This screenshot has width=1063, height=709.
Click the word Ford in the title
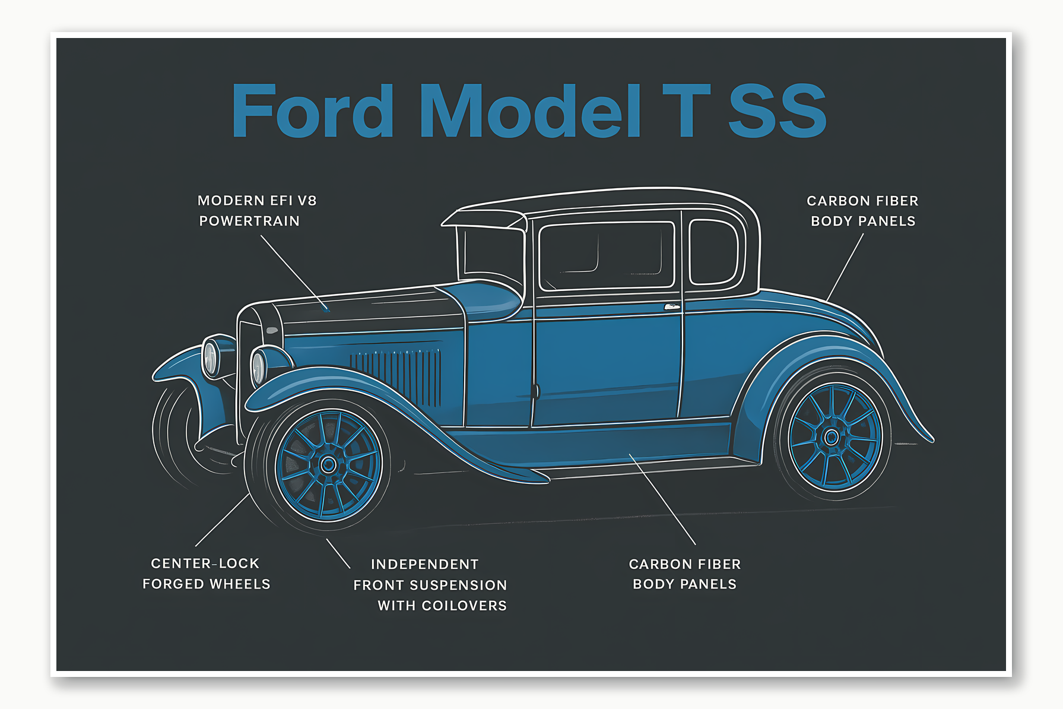pos(312,111)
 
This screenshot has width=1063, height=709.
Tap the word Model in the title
pos(530,111)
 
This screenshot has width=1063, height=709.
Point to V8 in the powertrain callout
pos(307,201)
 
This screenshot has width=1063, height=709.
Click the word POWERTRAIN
pos(249,221)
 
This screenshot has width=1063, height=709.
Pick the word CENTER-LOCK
pos(205,563)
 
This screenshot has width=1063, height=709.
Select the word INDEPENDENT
pos(424,564)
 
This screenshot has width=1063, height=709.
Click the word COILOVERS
pos(464,606)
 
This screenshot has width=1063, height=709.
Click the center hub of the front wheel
pos(328,464)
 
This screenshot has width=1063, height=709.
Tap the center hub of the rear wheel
pos(832,438)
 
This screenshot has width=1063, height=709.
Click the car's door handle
pos(671,307)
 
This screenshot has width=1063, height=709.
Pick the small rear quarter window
pos(713,252)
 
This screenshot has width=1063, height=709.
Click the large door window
pos(606,255)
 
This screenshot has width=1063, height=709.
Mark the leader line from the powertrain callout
pos(292,271)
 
